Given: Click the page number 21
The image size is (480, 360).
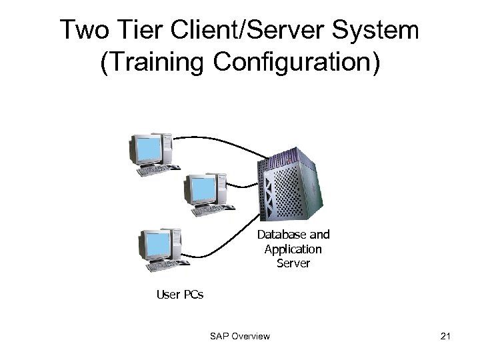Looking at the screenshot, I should point(446,336).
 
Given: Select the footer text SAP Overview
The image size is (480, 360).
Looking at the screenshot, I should point(239,336).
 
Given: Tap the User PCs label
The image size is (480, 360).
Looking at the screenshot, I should point(179,294).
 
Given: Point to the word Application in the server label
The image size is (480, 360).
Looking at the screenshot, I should point(293,249).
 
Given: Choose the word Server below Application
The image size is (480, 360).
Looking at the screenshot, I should point(293,263).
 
